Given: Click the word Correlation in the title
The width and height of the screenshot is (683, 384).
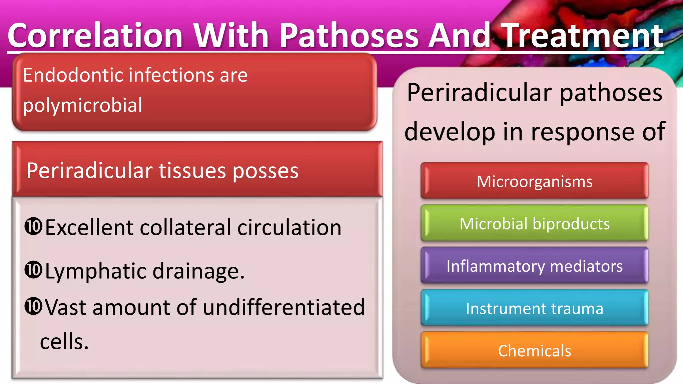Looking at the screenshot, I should point(95,36).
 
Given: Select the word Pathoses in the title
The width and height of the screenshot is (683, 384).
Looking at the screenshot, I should point(349,36).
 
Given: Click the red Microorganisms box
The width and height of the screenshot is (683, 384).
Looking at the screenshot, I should point(534,181).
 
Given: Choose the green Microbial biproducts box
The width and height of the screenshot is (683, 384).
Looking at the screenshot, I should point(534,224).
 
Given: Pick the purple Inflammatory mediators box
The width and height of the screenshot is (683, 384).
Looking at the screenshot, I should point(534,266).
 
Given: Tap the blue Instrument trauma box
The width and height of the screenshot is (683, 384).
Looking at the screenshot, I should point(534,308).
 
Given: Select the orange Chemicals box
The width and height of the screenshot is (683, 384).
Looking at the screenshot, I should point(534,351).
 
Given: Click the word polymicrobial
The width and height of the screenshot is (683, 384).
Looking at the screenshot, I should point(82,105).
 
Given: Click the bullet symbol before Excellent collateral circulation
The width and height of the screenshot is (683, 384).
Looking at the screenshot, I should point(33,226).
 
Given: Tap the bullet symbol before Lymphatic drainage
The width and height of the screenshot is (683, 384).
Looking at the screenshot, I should point(33,270).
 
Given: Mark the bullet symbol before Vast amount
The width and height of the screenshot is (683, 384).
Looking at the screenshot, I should point(33,306).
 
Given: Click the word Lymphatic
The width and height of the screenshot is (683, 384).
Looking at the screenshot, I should point(95,271).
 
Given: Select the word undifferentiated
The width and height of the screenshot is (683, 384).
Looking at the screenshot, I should point(283,307).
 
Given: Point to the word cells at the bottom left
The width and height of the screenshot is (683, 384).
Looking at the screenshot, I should point(64,342).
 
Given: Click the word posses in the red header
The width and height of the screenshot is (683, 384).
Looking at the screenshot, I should point(265,171).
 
